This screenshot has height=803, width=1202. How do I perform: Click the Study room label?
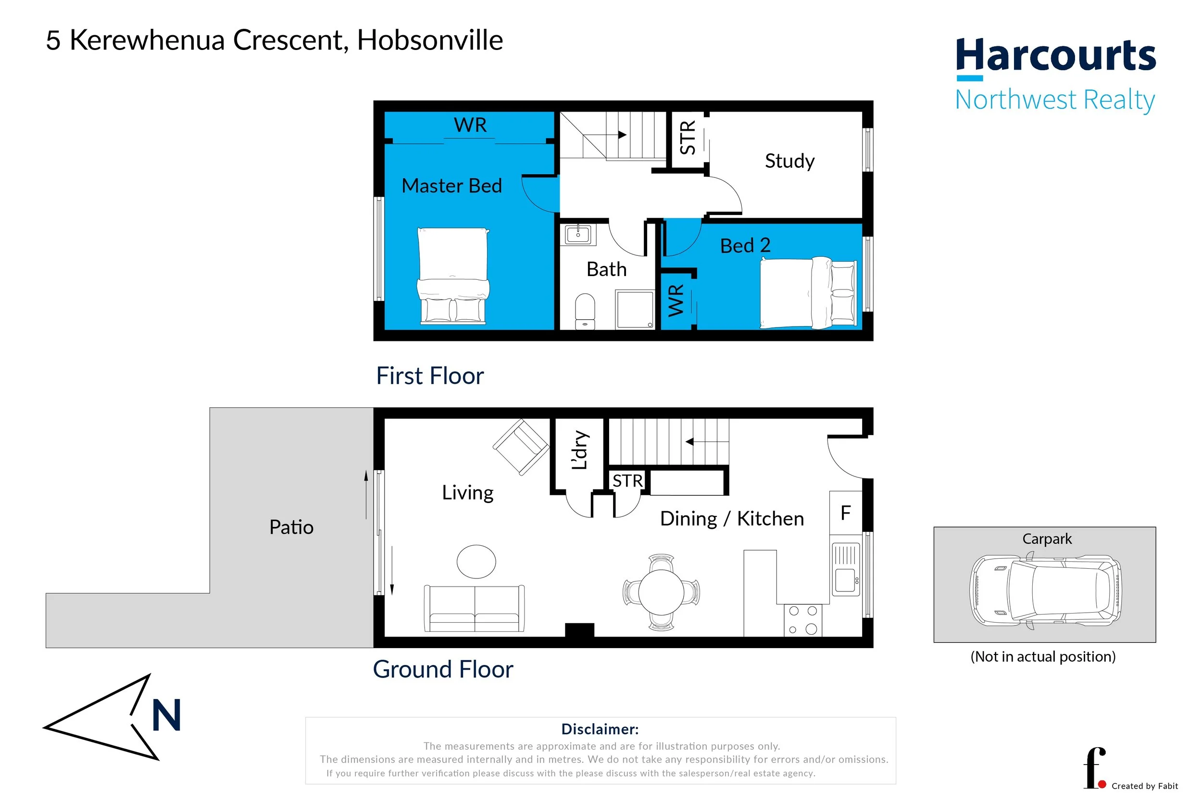789,161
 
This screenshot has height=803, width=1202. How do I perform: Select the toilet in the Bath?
585,310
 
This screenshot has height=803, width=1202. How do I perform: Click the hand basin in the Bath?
578,235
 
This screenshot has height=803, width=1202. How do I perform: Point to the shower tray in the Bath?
635,309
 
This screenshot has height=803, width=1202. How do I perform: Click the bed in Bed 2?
808,293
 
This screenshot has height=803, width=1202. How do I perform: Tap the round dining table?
661,592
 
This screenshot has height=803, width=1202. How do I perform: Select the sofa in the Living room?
474,608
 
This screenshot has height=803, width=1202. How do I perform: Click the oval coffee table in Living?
476,561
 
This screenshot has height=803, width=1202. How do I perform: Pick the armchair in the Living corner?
521,447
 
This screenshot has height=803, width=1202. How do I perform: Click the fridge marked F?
846,513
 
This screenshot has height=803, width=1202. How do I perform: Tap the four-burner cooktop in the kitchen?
802,620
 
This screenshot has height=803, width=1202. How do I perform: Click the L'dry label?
579,450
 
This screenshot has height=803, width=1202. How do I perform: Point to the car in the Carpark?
1046,590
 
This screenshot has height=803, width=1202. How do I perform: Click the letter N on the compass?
166,715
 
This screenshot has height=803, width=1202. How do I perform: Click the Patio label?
291,527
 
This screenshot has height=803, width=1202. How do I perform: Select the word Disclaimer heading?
600,729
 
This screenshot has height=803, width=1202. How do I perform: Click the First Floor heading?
429,376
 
